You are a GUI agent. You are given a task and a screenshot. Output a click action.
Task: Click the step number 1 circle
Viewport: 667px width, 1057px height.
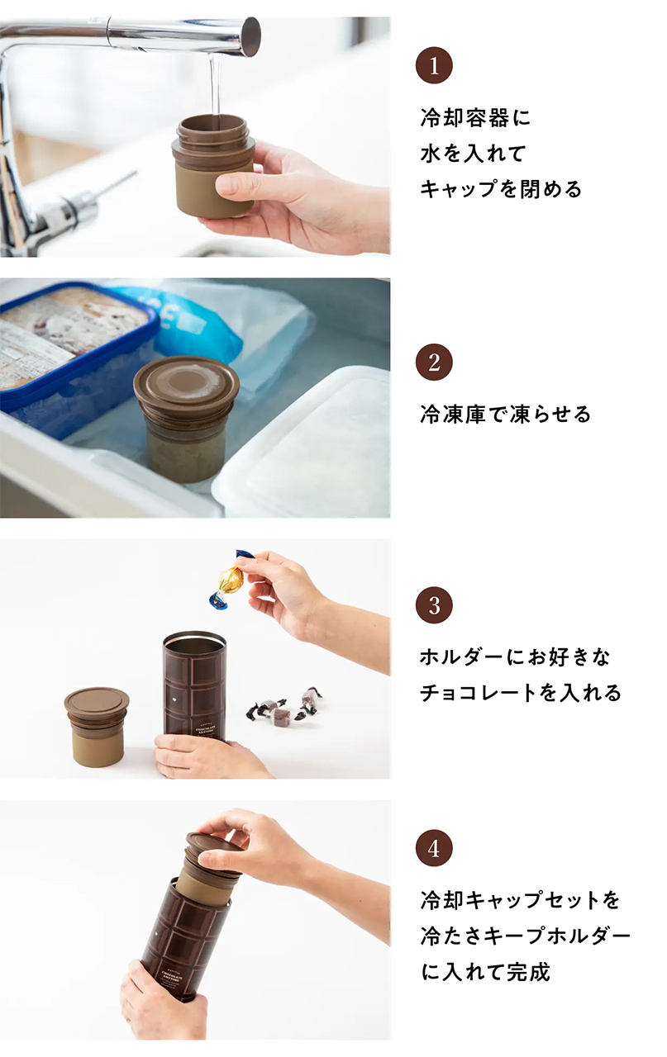point(434,66)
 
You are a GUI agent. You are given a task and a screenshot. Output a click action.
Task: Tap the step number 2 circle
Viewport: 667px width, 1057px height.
point(434,363)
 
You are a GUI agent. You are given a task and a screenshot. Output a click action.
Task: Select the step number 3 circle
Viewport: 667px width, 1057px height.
point(434,606)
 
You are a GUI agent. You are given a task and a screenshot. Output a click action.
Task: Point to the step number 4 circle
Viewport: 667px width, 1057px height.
point(434,848)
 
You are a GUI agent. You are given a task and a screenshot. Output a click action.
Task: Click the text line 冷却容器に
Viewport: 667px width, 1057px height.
point(475,118)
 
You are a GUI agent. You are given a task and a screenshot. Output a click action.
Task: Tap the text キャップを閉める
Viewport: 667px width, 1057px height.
point(501,189)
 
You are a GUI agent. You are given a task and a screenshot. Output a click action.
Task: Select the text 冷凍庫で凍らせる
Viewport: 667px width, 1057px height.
point(505,414)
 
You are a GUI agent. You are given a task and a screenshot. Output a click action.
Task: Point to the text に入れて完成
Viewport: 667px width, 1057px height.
point(485,972)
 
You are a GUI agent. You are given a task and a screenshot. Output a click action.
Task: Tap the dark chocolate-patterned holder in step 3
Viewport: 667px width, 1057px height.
point(194,685)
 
